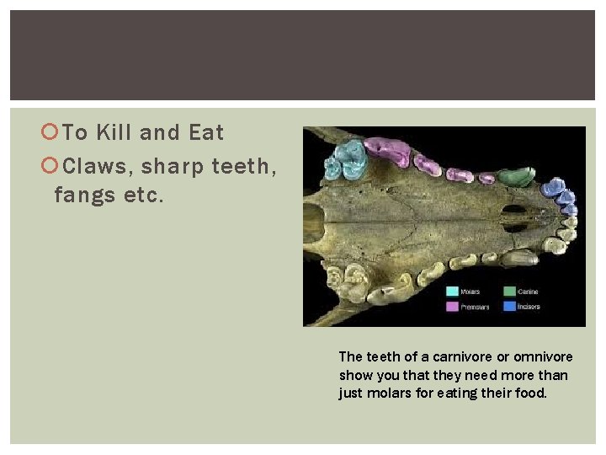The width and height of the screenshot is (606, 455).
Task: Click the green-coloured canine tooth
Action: tap(515, 177)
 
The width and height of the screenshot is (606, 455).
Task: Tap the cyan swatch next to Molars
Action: tap(452, 292)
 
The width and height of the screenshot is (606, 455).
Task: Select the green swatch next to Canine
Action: tap(508, 292)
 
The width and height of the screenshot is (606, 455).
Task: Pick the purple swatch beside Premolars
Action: tap(452, 307)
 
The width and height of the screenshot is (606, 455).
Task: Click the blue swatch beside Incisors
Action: tap(508, 307)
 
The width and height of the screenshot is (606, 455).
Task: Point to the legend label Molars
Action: tap(470, 292)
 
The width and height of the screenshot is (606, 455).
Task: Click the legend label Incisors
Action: tap(529, 307)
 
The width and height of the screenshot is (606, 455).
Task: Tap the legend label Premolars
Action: tap(474, 307)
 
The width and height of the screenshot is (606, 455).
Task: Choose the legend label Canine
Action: tap(528, 292)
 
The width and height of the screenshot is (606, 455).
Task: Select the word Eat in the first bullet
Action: tap(206, 133)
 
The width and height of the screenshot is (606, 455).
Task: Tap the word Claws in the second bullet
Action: tap(91, 166)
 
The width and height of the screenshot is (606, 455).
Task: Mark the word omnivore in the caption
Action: tap(538, 356)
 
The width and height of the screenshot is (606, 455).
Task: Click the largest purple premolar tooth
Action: tap(388, 152)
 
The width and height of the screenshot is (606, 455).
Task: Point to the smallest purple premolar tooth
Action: tap(486, 178)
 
